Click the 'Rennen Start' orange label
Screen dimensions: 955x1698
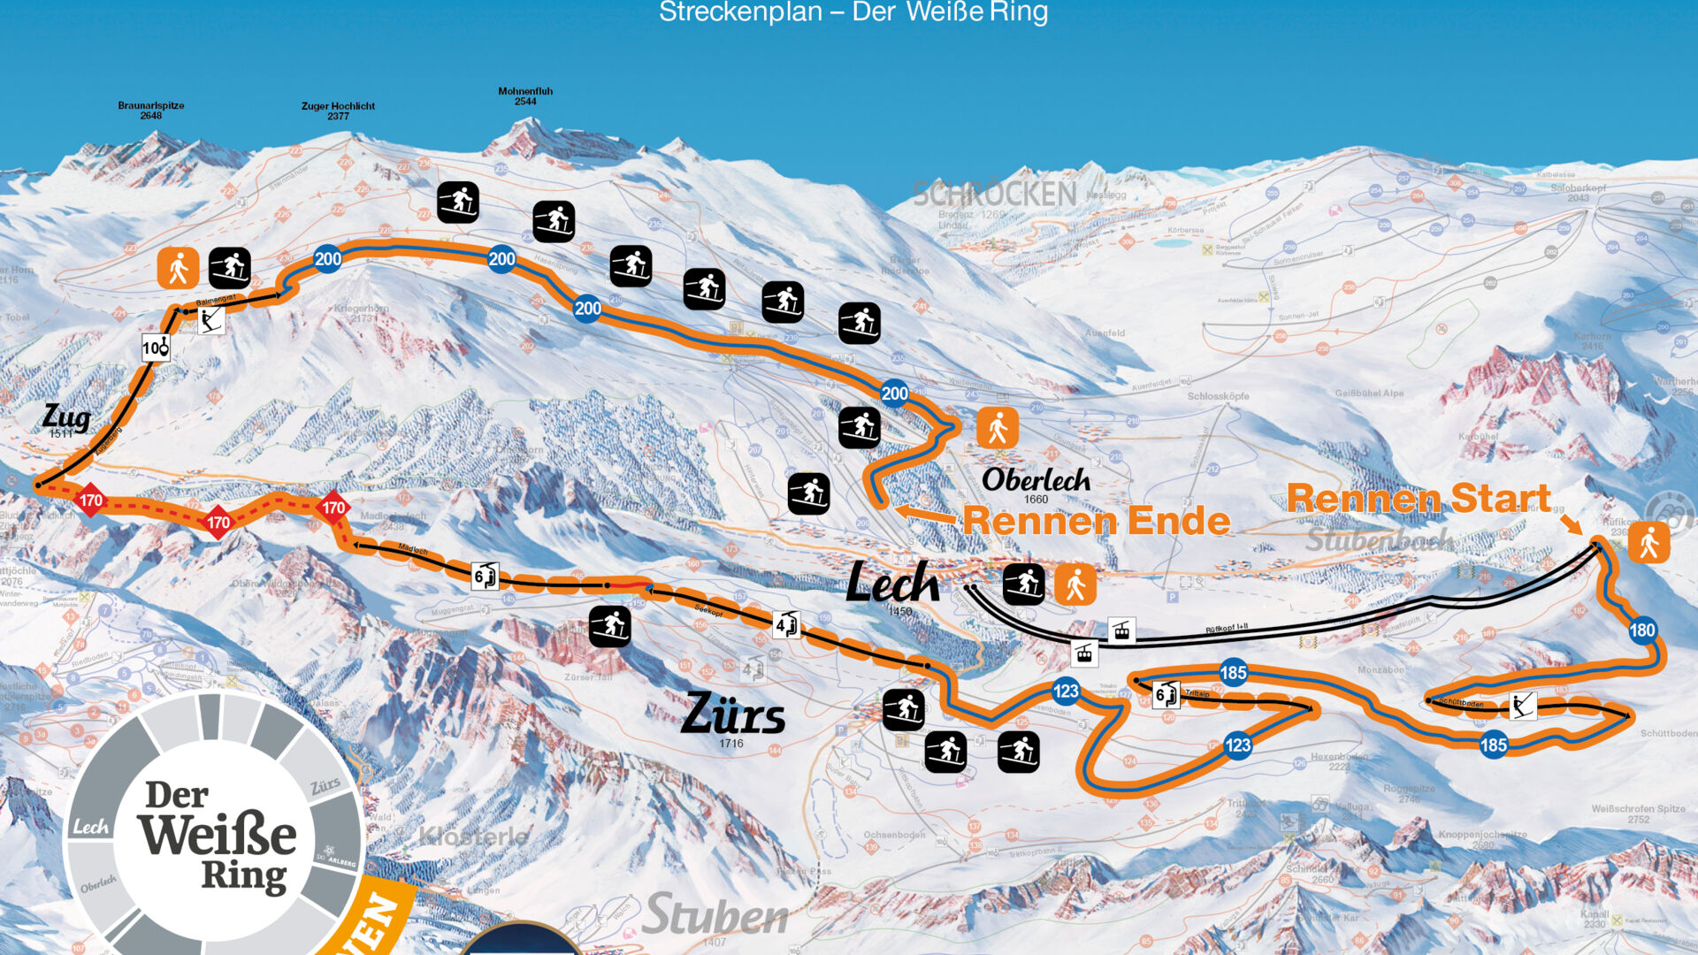pyautogui.click(x=1418, y=498)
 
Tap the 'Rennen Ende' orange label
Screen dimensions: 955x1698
pyautogui.click(x=1096, y=520)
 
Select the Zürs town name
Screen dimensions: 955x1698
pyautogui.click(x=732, y=714)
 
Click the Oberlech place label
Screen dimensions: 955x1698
pyautogui.click(x=1036, y=480)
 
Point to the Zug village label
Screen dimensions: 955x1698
pyautogui.click(x=66, y=416)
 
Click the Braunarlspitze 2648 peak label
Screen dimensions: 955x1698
pyautogui.click(x=151, y=110)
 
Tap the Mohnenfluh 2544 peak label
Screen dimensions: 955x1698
pyautogui.click(x=525, y=95)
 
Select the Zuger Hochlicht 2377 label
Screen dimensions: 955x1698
pyautogui.click(x=338, y=111)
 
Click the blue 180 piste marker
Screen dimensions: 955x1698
pyautogui.click(x=1642, y=630)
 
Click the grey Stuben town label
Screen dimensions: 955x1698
pyautogui.click(x=715, y=915)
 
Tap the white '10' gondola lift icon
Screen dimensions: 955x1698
pyautogui.click(x=156, y=348)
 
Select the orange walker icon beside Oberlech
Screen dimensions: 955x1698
pyautogui.click(x=998, y=429)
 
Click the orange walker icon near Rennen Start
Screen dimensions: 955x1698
pyautogui.click(x=1648, y=542)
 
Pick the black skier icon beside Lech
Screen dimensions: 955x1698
pyautogui.click(x=1024, y=584)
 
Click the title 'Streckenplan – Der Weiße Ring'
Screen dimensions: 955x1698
pyautogui.click(x=853, y=12)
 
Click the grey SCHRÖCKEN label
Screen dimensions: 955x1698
pyautogui.click(x=994, y=194)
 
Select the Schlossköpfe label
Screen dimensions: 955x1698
pyautogui.click(x=1218, y=396)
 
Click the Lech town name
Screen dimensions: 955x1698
pyautogui.click(x=892, y=584)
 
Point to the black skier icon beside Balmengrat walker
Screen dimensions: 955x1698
pyautogui.click(x=230, y=268)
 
